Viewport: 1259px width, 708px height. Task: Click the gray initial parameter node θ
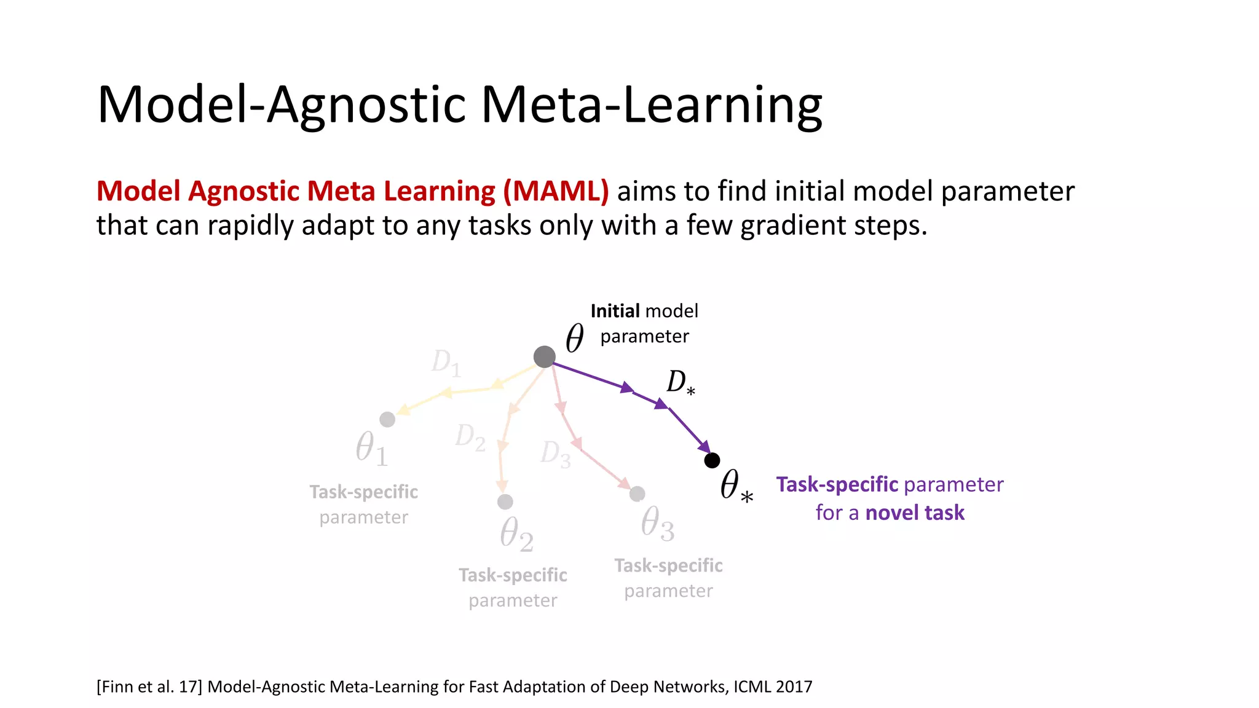[544, 356]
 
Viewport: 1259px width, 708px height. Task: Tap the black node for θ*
[712, 460]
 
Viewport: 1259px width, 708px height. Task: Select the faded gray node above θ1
[387, 419]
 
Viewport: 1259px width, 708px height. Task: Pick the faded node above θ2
[505, 502]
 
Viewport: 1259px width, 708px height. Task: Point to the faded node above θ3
[637, 494]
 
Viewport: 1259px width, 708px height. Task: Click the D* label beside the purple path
[680, 382]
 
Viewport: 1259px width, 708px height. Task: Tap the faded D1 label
[446, 362]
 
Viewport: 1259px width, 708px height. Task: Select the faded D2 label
[470, 437]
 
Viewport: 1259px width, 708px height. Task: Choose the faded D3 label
[555, 454]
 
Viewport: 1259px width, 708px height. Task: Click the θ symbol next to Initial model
[575, 337]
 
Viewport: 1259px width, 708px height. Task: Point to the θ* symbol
[735, 486]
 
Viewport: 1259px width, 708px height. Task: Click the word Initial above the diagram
[615, 311]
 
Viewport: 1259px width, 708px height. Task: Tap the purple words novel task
[915, 513]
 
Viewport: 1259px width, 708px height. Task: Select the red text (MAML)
[556, 191]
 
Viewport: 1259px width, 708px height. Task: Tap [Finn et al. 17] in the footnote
[149, 686]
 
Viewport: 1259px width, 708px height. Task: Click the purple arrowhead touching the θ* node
[704, 447]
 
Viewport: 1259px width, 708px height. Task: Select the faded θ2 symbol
[516, 533]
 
